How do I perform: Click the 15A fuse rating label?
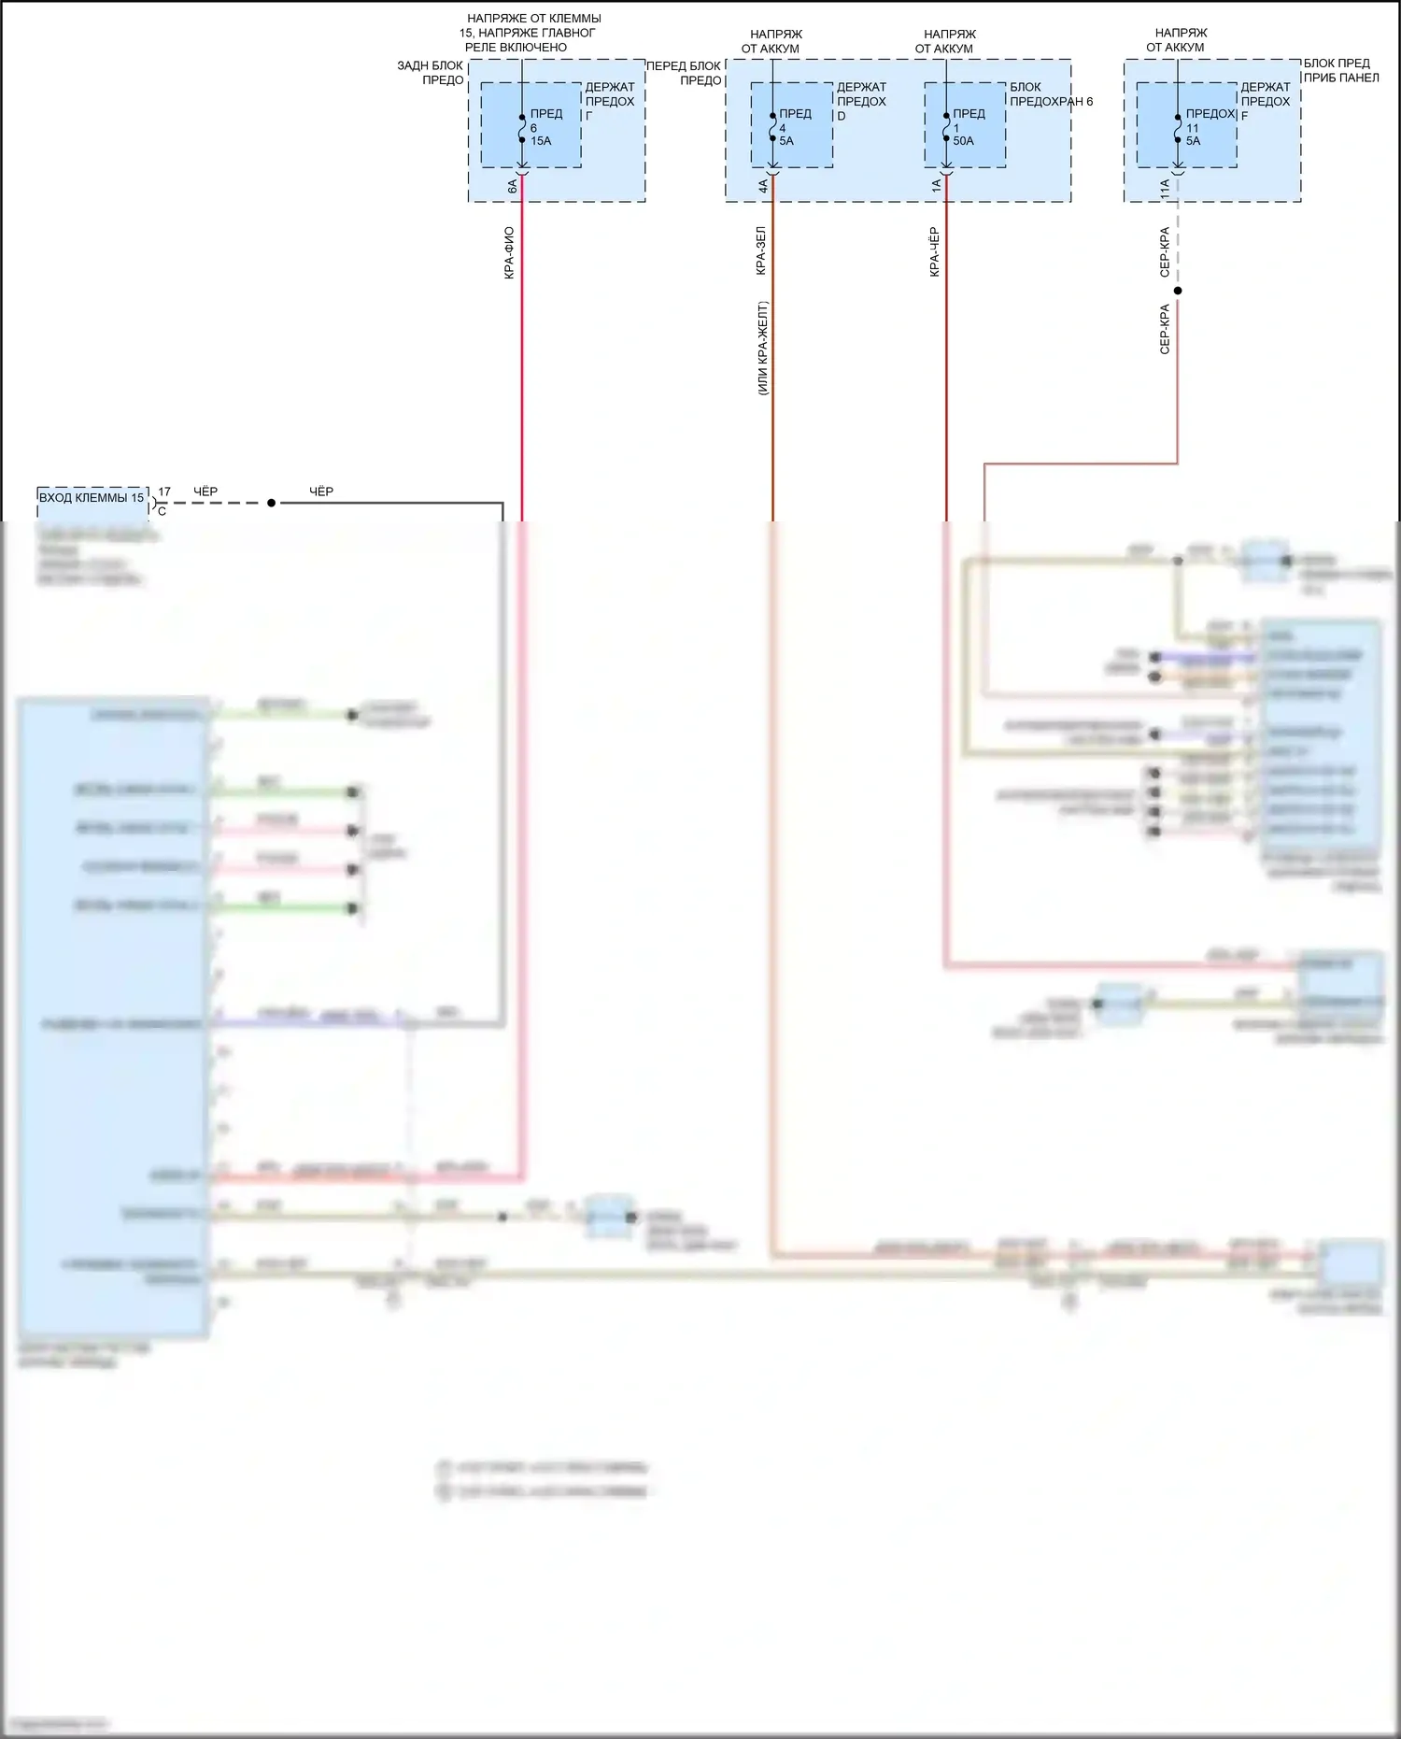(541, 141)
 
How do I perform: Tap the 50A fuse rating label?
(963, 141)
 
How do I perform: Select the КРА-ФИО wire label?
(509, 252)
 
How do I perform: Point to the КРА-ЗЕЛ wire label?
(760, 250)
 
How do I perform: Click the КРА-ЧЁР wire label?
(934, 252)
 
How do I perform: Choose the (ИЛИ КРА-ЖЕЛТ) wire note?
(762, 348)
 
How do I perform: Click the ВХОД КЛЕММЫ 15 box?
(92, 498)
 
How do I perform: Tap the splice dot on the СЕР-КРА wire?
(1178, 291)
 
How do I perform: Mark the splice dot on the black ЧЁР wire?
(272, 503)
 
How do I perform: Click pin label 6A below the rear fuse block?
(512, 187)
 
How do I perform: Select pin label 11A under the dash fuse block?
(1165, 188)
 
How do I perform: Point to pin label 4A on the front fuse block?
(762, 187)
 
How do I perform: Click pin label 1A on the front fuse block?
(936, 187)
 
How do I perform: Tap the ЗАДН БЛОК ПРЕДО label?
(431, 73)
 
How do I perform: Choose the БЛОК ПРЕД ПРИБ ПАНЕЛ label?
(1340, 70)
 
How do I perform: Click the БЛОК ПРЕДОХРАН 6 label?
(1051, 94)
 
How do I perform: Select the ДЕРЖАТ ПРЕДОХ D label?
(860, 101)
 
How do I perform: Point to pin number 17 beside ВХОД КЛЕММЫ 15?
(164, 492)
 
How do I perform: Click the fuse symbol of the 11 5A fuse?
(1178, 128)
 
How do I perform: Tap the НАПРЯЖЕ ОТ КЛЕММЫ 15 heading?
(532, 33)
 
